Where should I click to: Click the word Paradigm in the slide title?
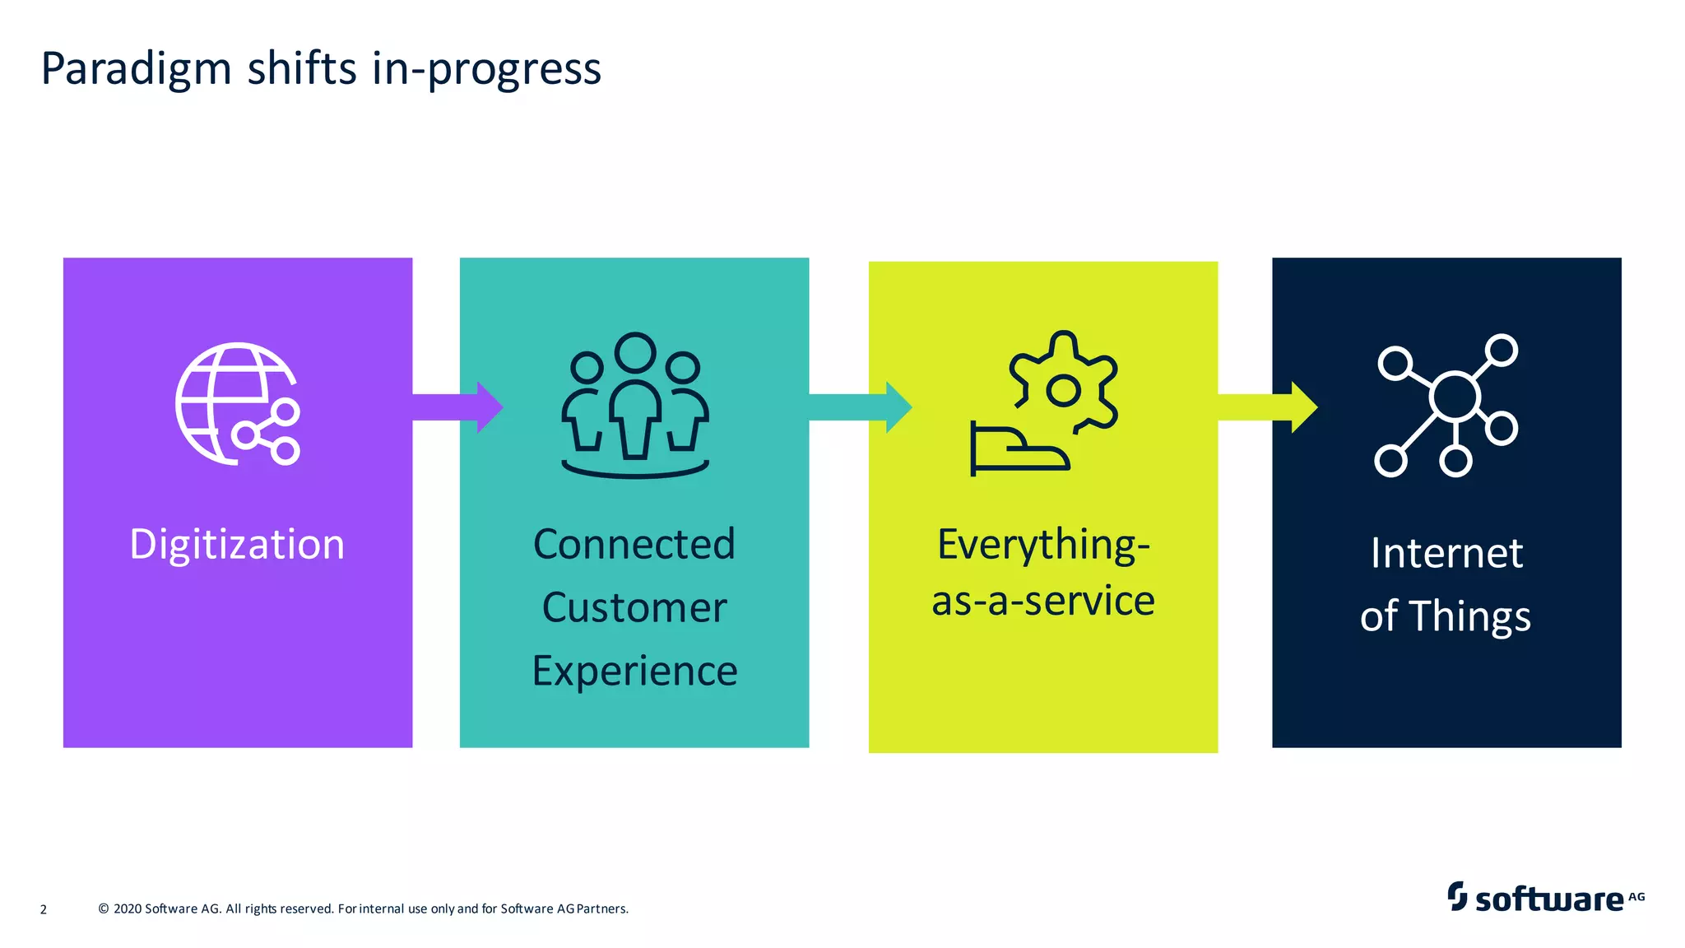[x=137, y=69]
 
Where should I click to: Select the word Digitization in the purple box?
[x=237, y=545]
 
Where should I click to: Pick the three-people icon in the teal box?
[x=634, y=404]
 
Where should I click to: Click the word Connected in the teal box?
[x=634, y=545]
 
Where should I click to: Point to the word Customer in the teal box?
[x=634, y=608]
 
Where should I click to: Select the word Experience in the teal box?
[x=634, y=671]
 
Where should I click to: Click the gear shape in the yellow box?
[x=1064, y=383]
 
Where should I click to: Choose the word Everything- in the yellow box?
[x=1043, y=545]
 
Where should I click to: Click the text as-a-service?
[x=1043, y=602]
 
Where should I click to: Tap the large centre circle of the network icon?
[x=1455, y=397]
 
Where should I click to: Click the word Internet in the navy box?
[x=1446, y=553]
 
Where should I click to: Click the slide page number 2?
[x=44, y=909]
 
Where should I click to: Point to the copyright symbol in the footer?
[x=104, y=908]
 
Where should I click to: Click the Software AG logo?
[x=1545, y=897]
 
